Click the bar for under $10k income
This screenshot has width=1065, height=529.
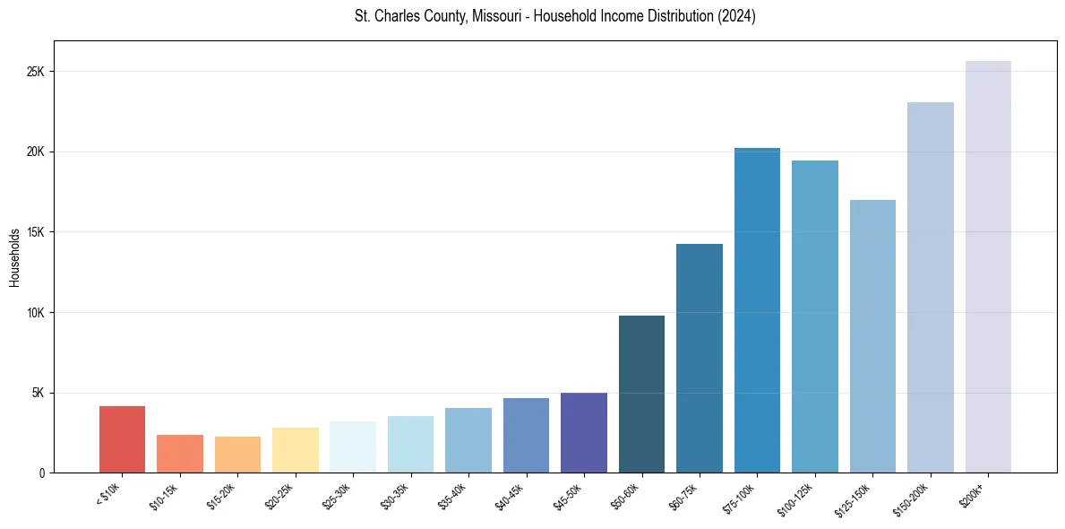tap(122, 439)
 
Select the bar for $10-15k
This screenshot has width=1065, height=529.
tap(180, 454)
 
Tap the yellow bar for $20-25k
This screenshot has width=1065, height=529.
tap(296, 450)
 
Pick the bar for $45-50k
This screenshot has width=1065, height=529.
tap(584, 432)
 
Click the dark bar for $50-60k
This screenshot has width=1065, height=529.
tap(641, 395)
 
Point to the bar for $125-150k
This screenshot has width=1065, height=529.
tap(872, 336)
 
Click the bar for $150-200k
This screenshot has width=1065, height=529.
tap(931, 287)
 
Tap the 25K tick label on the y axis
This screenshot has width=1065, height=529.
tap(35, 72)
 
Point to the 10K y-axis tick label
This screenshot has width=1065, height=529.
tap(35, 313)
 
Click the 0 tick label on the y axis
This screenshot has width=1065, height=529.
tap(41, 473)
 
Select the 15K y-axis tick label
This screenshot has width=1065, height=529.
tap(35, 232)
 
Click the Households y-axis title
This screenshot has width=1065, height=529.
tap(14, 256)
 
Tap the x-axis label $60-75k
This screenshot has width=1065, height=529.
tap(685, 496)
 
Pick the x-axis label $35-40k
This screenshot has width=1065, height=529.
tap(454, 496)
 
